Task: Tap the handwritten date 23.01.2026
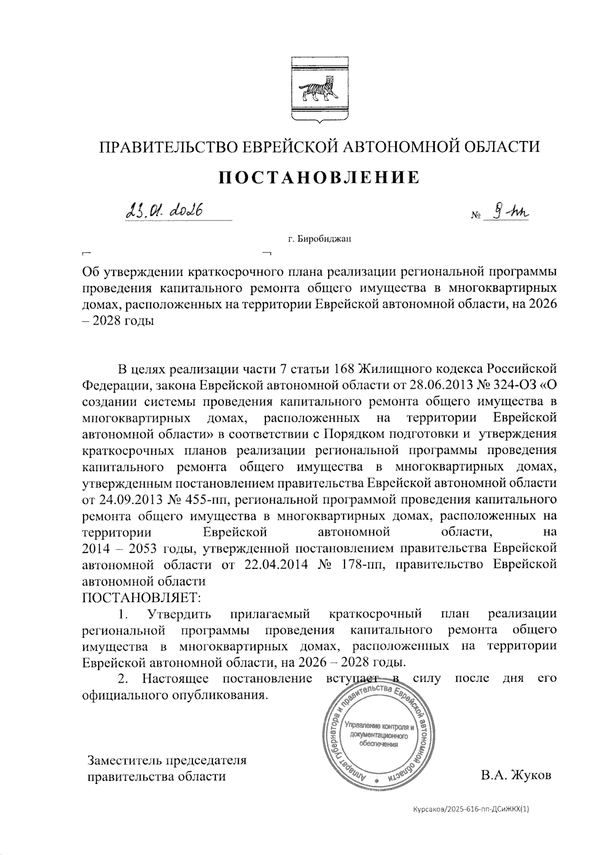click(x=163, y=211)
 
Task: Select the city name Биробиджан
click(x=325, y=238)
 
